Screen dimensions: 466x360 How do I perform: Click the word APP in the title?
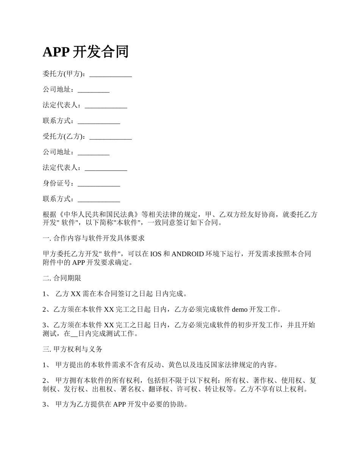55,52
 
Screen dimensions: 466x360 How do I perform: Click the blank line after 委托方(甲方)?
110,75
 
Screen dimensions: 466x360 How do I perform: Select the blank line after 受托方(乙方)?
110,137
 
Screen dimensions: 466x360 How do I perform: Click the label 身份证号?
56,183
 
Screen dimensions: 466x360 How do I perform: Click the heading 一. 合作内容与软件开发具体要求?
94,238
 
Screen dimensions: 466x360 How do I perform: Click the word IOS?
156,254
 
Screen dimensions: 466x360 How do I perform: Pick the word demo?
239,310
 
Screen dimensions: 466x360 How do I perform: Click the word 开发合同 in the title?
100,52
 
